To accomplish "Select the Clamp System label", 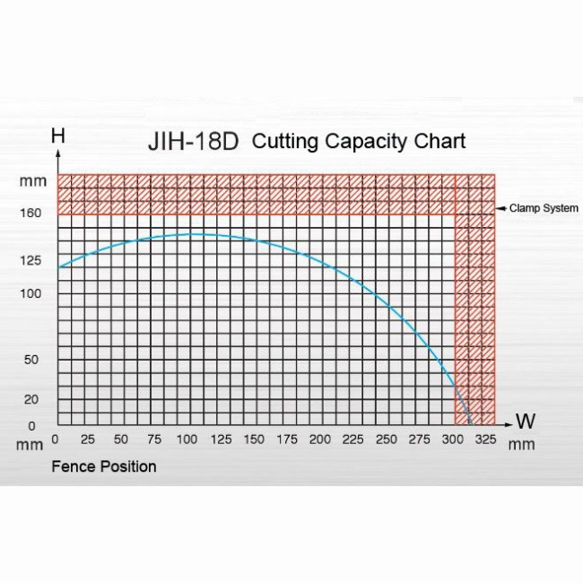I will point(544,208).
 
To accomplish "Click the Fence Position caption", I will point(104,466).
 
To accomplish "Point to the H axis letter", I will point(58,136).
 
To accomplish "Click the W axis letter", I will point(526,421).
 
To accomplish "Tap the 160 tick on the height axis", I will point(30,213).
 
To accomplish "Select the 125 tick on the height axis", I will point(30,261).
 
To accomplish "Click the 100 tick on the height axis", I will point(30,293).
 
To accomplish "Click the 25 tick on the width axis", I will point(88,439).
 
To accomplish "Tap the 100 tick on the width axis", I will point(187,439).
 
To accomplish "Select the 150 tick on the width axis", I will point(253,439).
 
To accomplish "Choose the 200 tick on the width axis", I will point(319,439).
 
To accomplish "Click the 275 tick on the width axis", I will point(419,439).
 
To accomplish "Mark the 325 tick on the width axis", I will point(485,439).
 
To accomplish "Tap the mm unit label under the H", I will point(31,182).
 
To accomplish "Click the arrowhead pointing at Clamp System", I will point(501,208).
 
